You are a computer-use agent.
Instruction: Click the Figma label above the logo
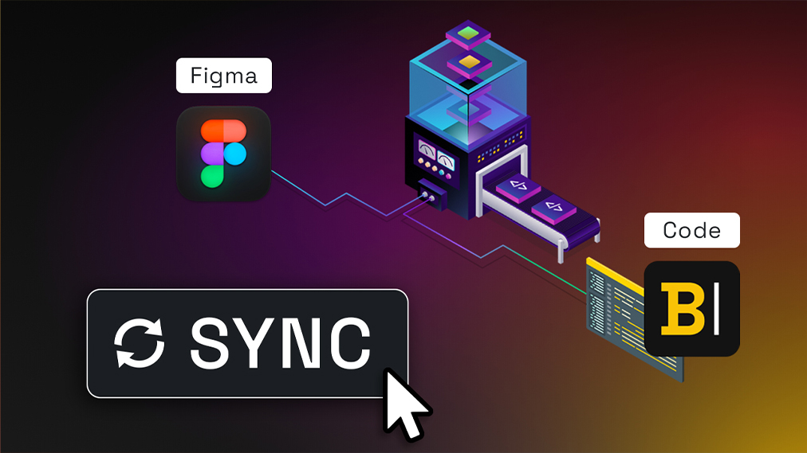point(223,77)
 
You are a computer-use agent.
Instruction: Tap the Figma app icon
point(223,152)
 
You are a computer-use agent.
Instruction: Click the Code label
point(691,231)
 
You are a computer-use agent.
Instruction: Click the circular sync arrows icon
point(139,343)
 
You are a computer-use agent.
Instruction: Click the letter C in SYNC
point(348,343)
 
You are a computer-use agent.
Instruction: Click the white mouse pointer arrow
point(405,403)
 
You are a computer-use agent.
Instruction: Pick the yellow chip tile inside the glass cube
point(466,62)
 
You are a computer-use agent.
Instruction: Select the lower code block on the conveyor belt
point(554,209)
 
